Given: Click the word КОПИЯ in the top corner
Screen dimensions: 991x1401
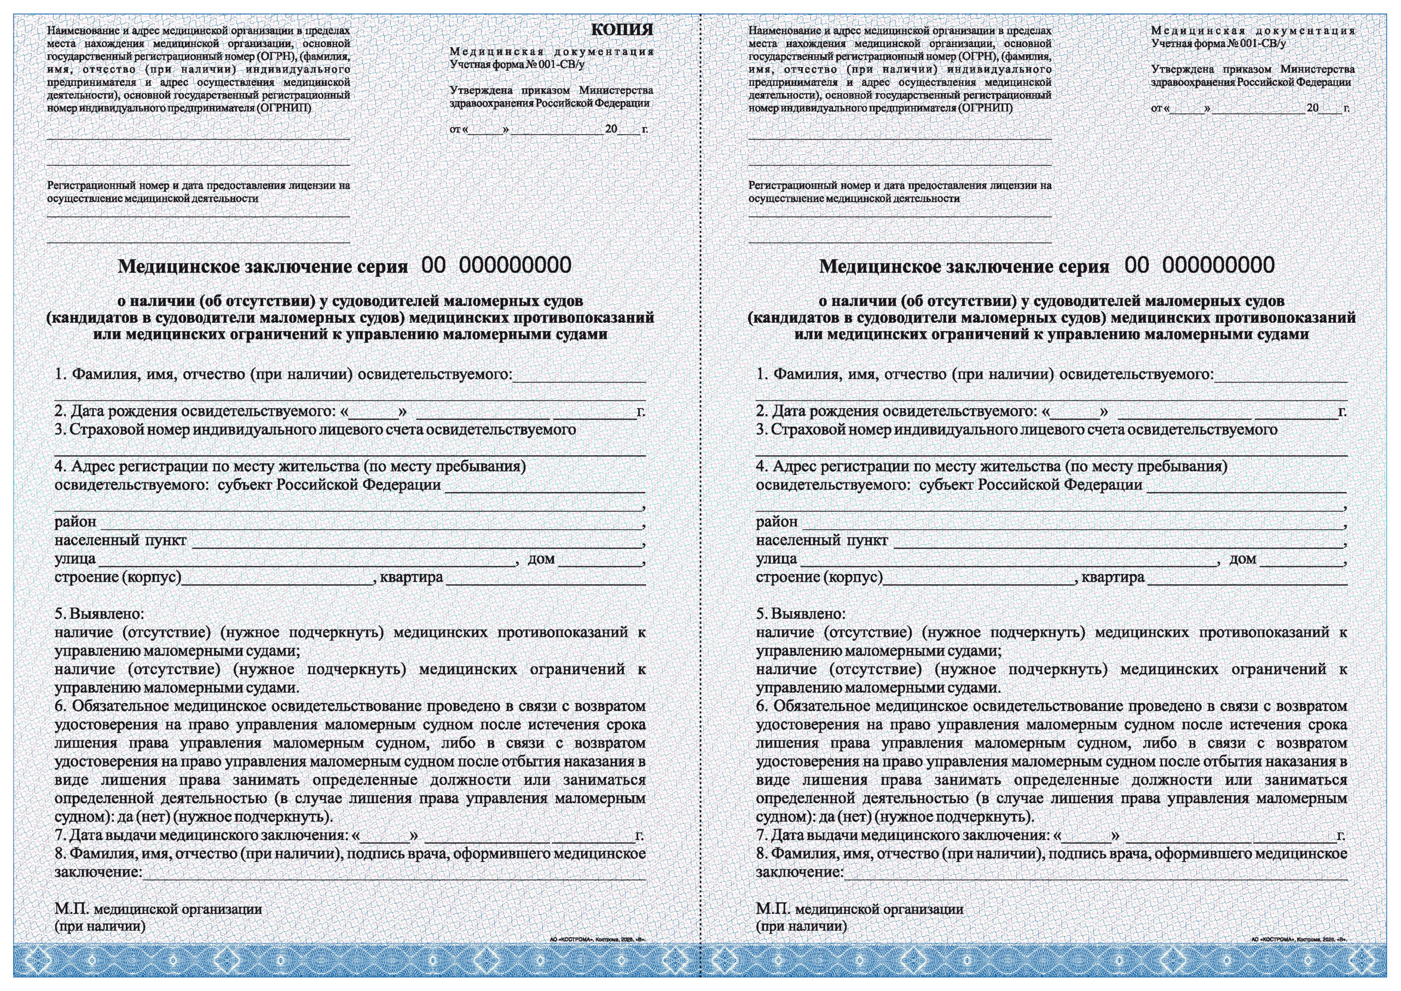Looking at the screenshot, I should pos(622,30).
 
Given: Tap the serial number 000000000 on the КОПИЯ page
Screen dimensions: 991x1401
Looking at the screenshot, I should pos(515,265).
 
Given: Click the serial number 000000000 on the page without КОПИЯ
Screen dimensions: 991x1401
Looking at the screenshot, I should pos(1218,265).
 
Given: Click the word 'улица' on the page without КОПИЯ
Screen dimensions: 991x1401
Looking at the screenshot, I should pos(776,559).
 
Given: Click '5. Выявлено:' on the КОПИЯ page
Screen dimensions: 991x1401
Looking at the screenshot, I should pos(100,614).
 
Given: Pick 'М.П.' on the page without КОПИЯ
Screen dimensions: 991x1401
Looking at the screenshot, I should pos(773,909).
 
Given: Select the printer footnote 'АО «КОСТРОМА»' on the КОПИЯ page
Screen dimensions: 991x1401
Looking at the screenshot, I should pos(598,940).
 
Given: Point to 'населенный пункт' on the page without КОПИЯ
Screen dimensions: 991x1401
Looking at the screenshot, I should pos(821,541).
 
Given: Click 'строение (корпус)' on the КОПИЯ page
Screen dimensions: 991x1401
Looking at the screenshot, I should pos(118,577).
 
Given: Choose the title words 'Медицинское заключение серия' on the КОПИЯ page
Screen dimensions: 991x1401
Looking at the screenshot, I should pos(262,266).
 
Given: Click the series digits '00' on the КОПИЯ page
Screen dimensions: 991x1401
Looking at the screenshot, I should pos(433,265).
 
